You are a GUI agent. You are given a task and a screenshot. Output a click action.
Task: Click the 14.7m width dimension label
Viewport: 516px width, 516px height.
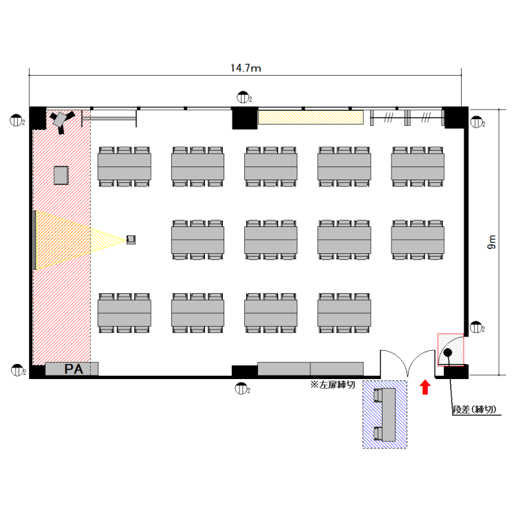click(246, 68)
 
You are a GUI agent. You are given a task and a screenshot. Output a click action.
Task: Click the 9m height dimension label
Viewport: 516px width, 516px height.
click(491, 242)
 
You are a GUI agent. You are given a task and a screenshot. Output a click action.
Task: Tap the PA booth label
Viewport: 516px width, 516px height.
click(74, 369)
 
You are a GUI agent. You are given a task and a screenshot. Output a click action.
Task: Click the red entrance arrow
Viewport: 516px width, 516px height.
click(425, 387)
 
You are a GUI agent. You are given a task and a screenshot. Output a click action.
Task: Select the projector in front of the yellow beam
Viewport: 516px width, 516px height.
click(131, 239)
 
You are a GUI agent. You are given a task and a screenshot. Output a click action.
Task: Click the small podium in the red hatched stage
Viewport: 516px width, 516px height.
click(61, 175)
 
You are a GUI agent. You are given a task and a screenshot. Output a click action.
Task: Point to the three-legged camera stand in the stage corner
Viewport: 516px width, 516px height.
click(61, 121)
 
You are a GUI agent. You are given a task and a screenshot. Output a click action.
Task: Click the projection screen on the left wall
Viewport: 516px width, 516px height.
click(34, 240)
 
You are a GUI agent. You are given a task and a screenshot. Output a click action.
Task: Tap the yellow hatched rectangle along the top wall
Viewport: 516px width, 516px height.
click(311, 118)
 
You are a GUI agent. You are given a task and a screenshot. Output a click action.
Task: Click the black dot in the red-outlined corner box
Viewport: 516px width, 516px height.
click(448, 352)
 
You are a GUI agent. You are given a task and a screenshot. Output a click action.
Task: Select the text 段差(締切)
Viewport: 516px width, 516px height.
click(474, 409)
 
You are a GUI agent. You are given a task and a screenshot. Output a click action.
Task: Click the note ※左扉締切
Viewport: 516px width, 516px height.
click(332, 385)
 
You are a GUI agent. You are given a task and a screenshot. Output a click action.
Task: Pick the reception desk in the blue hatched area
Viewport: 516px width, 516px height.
click(389, 415)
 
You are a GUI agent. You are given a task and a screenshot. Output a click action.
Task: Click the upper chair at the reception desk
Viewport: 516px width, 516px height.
click(378, 395)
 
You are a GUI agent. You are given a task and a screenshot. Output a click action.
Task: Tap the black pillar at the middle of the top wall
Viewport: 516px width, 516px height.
click(244, 118)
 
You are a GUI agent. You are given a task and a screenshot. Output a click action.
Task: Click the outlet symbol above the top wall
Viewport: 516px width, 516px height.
click(243, 98)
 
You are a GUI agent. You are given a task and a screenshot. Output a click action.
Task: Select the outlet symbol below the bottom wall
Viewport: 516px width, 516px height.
click(241, 389)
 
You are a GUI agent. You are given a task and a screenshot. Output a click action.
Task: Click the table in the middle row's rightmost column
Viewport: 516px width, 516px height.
click(418, 240)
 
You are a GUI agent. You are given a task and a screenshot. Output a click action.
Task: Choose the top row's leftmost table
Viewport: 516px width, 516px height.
click(125, 166)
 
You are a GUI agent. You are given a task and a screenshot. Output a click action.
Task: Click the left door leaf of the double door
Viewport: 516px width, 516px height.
click(394, 363)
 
